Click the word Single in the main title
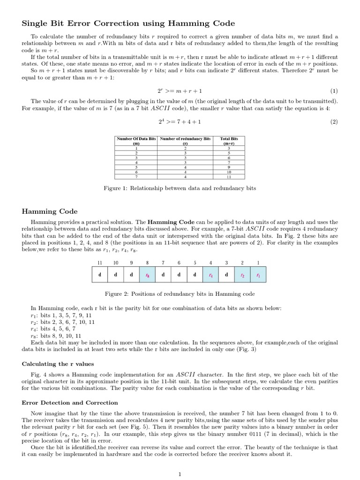pos(36,23)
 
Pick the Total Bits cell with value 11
pos(229,177)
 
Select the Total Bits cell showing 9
pos(229,167)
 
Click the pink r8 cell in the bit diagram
pos(147,275)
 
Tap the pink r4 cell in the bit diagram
pos(210,275)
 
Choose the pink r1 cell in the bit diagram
pos(258,275)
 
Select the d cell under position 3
pos(226,275)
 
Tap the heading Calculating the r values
pos(58,364)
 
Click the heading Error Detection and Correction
pos(70,403)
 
